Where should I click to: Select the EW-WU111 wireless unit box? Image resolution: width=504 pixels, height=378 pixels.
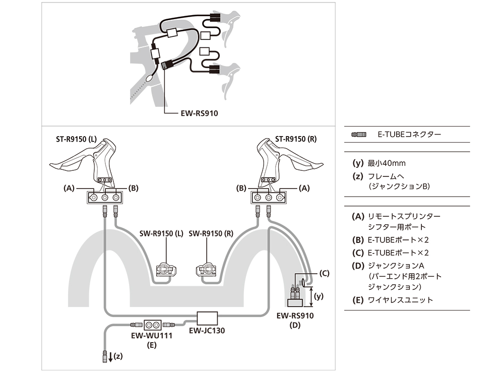152,324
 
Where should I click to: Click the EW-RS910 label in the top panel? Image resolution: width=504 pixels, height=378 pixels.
199,114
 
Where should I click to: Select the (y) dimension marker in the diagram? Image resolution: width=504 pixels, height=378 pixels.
319,297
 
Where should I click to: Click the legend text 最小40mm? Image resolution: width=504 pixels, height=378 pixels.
387,163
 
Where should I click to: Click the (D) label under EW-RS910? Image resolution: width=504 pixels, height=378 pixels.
295,326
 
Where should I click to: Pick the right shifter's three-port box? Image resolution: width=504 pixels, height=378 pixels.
269,198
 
